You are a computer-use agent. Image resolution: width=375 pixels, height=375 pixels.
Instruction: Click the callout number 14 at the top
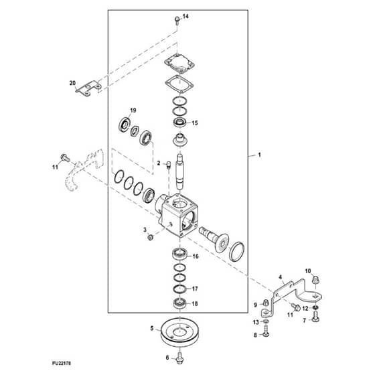[x=185, y=16]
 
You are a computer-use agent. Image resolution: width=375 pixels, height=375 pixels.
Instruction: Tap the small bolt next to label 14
[x=177, y=21]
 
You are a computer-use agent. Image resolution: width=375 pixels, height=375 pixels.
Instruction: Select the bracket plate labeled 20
[x=88, y=88]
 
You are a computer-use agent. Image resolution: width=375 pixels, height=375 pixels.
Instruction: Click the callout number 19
[x=133, y=110]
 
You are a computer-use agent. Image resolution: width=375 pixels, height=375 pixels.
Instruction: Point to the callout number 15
[x=195, y=123]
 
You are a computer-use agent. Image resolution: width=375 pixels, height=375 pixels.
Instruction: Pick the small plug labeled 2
[x=168, y=165]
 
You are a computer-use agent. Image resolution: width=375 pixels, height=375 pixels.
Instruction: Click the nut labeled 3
[x=151, y=237]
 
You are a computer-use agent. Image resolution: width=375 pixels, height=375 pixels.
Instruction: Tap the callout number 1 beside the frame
[x=260, y=155]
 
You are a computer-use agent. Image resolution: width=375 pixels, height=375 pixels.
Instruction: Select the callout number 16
[x=196, y=256]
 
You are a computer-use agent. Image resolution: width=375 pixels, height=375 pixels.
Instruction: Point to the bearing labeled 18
[x=179, y=304]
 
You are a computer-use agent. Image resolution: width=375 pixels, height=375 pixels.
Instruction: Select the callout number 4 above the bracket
[x=281, y=277]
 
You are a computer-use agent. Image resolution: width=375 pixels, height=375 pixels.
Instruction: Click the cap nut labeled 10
[x=316, y=279]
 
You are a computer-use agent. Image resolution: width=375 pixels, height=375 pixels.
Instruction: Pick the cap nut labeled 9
[x=266, y=303]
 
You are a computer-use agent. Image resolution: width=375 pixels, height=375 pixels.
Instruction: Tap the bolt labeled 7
[x=315, y=316]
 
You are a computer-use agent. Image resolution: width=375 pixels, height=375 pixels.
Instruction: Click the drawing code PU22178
[x=62, y=364]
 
